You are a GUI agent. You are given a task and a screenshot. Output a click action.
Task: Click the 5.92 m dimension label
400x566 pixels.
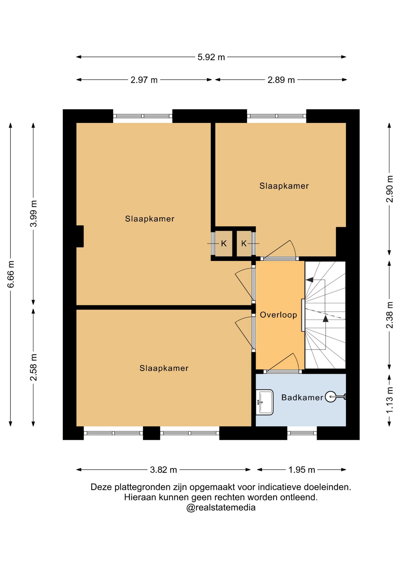[211, 57]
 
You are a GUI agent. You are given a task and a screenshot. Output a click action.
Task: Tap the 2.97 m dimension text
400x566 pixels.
[144, 80]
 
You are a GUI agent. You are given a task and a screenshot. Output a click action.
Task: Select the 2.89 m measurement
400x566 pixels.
[281, 80]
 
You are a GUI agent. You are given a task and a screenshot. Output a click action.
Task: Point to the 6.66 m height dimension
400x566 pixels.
[11, 274]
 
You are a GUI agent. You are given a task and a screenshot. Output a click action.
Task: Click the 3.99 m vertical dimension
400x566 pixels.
[34, 214]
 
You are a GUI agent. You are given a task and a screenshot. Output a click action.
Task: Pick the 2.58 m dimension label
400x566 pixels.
[34, 367]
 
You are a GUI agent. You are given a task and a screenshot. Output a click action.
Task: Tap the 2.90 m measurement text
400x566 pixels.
[389, 189]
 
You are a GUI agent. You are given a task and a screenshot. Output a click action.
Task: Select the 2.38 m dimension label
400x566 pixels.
[389, 315]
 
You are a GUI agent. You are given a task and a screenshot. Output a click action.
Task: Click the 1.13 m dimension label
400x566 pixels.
[389, 400]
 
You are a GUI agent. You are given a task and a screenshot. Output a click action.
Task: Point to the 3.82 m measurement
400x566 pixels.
[163, 470]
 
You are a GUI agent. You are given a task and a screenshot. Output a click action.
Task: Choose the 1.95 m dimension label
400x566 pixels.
[302, 470]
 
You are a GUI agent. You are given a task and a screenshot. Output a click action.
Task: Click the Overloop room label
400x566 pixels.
[278, 315]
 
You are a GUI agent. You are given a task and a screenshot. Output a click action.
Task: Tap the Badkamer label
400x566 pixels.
[302, 397]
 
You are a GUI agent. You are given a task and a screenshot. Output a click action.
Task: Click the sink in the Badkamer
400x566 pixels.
[265, 402]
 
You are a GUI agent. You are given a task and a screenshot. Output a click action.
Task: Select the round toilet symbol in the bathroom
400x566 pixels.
[331, 397]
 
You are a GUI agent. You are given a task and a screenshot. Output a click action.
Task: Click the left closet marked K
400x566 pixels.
[224, 243]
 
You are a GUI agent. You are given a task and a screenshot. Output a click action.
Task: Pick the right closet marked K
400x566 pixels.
[244, 243]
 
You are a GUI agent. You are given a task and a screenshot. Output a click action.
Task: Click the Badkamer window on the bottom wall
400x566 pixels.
[302, 433]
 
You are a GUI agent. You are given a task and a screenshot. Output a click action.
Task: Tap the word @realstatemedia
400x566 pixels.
[221, 507]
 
